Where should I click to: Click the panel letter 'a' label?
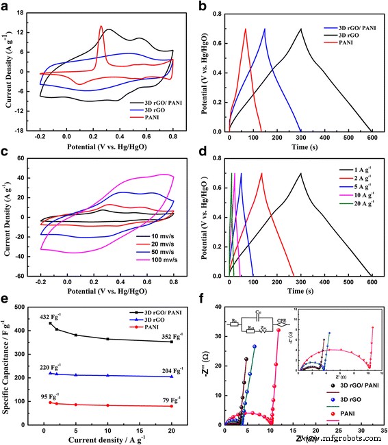point(7,6)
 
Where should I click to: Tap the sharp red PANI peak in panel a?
point(101,27)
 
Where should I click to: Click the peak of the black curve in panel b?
point(300,29)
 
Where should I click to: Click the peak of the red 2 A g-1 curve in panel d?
point(261,173)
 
